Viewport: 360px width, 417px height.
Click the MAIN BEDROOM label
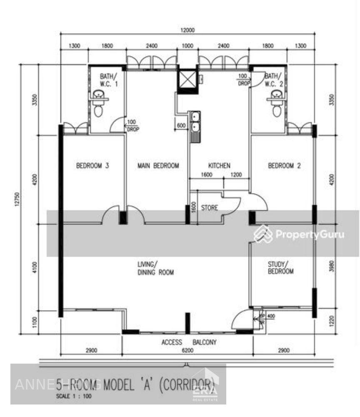coord(158,166)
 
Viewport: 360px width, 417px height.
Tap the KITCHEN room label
coord(219,166)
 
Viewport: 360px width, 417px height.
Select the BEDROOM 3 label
coord(92,166)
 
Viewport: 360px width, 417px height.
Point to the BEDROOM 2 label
coord(284,166)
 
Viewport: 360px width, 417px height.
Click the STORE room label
coord(210,207)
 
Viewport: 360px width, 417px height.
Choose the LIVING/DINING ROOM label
coord(155,268)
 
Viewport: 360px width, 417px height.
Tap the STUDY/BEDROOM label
coord(280,268)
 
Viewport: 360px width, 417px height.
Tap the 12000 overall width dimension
coord(187,30)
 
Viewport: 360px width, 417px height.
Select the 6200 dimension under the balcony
coord(187,351)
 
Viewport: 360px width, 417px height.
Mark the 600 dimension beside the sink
coord(181,126)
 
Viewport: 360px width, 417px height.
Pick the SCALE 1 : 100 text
coord(73,397)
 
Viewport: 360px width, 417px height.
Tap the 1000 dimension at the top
coord(187,46)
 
